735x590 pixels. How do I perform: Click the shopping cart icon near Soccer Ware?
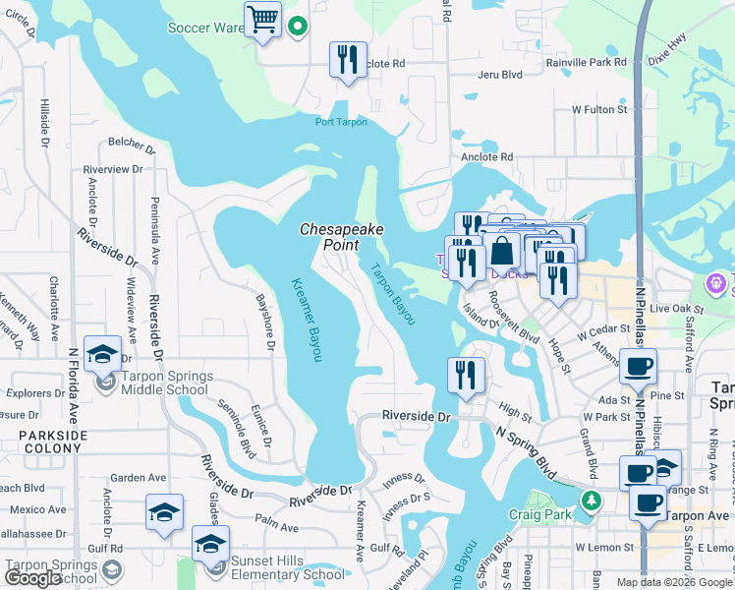coord(262,20)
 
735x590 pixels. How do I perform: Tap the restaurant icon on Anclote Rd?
coord(347,61)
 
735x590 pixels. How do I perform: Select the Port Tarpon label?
coord(341,122)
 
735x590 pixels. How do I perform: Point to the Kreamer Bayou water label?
coord(307,319)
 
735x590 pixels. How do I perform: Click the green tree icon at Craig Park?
coord(590,501)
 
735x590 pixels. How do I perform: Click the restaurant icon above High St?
coord(466,376)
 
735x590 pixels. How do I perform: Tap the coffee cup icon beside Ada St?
coord(637,367)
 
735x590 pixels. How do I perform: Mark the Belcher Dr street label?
coord(125,142)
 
